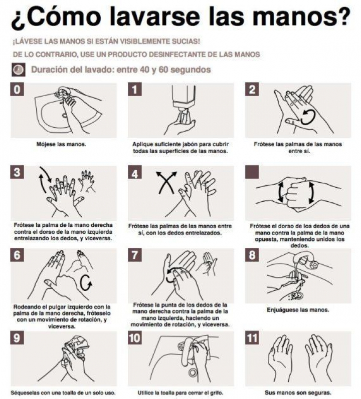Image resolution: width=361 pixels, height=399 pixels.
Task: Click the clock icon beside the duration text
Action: pyautogui.click(x=19, y=70)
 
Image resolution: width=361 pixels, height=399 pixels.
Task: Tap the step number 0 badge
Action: pyautogui.click(x=17, y=89)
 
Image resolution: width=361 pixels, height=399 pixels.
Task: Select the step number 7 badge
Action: pyautogui.click(x=135, y=255)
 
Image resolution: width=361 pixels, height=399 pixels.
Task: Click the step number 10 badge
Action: pyautogui.click(x=135, y=338)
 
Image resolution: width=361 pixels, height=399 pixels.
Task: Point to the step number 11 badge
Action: pyautogui.click(x=252, y=338)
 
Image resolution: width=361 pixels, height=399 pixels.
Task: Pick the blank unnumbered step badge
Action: pyautogui.click(x=252, y=172)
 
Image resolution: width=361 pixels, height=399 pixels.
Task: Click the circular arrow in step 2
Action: pyautogui.click(x=308, y=117)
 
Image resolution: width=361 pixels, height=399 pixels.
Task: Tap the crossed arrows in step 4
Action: pyautogui.click(x=166, y=182)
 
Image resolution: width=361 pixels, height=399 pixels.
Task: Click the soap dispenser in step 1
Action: pyautogui.click(x=184, y=99)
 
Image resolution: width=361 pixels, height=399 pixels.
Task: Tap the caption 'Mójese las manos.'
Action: pyautogui.click(x=61, y=144)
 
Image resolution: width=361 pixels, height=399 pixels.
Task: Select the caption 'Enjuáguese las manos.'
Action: pyautogui.click(x=298, y=310)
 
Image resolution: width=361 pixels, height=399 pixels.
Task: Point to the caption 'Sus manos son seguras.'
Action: pyautogui.click(x=297, y=392)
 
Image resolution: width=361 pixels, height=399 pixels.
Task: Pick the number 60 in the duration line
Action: pyautogui.click(x=163, y=70)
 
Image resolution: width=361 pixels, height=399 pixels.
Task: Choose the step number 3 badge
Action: pyautogui.click(x=17, y=172)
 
